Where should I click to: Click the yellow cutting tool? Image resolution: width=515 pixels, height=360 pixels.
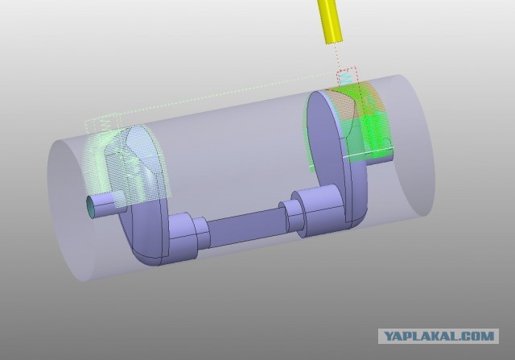tap(329, 21)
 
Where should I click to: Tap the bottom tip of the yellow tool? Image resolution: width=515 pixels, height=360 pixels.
tap(335, 42)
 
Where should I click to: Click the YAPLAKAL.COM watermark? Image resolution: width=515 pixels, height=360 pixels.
tap(439, 336)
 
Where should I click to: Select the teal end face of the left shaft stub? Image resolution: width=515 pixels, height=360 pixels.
tap(91, 207)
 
